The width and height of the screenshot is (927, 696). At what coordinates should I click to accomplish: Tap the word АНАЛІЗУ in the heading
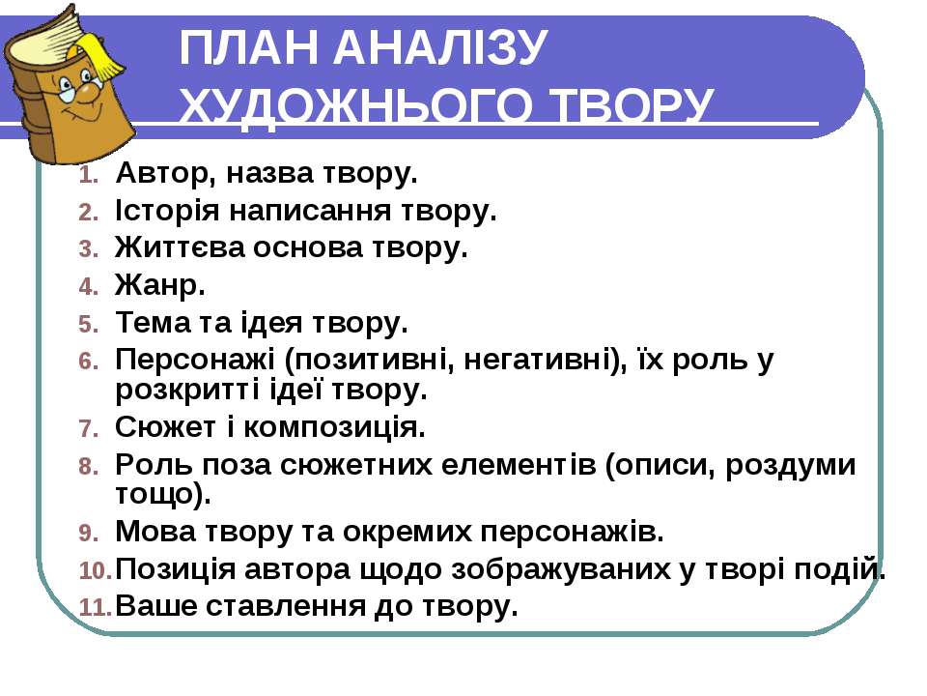[x=438, y=47]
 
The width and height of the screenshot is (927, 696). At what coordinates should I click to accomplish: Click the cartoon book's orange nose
[x=89, y=94]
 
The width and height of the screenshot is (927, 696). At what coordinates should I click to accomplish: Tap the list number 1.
[x=88, y=176]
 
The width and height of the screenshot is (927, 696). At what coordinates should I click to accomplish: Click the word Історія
[x=167, y=211]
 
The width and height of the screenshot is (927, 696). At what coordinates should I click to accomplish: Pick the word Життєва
[x=180, y=247]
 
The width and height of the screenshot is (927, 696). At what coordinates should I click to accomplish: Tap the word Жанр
[x=160, y=285]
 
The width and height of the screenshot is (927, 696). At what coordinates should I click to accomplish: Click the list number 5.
[x=88, y=325]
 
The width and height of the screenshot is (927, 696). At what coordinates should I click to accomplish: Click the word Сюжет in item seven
[x=166, y=427]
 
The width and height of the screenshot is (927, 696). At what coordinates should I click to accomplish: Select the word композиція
[x=334, y=427]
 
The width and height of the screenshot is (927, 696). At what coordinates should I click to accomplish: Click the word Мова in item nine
[x=155, y=532]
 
